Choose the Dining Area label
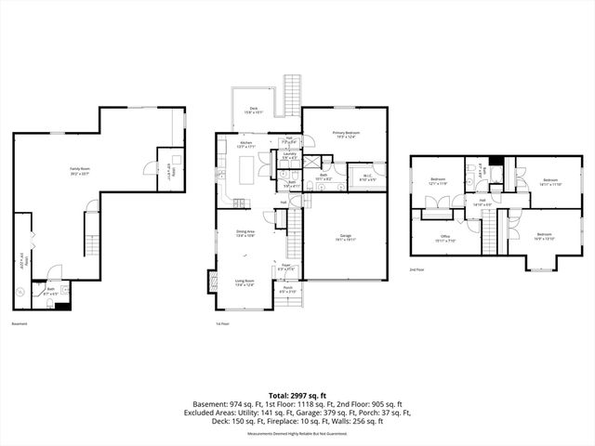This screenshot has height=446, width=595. pos(245,234)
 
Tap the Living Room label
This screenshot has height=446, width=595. pos(245,282)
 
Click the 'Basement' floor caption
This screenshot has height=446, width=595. pos(20,324)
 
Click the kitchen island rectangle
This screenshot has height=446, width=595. pos(246,171)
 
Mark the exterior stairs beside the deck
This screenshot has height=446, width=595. pos(290,93)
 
